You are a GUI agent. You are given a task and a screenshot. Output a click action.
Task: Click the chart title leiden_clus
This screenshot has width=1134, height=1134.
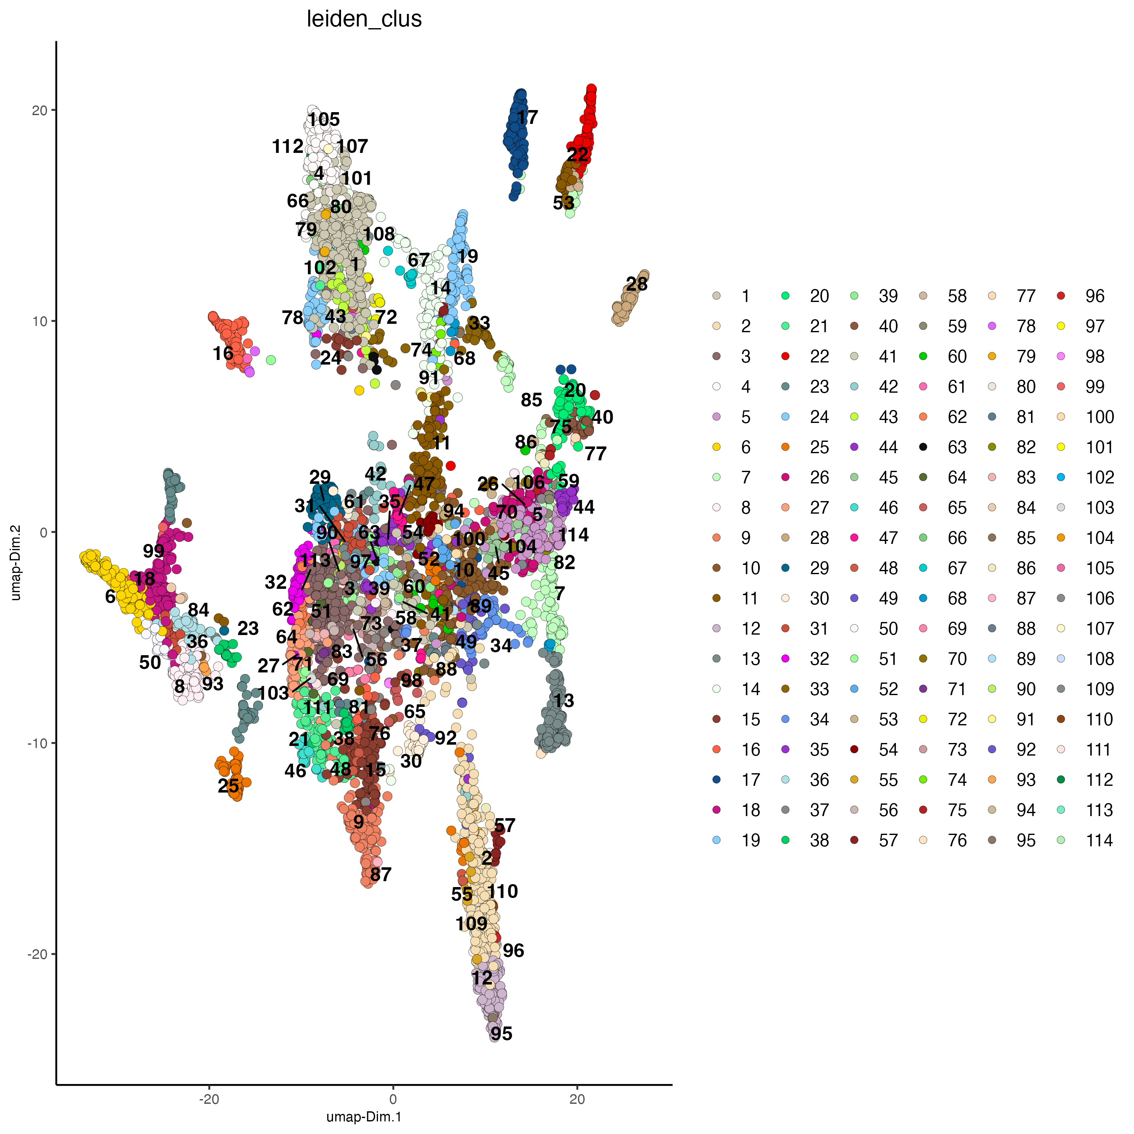point(364,19)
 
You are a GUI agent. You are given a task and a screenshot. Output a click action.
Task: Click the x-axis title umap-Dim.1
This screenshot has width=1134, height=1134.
point(364,1116)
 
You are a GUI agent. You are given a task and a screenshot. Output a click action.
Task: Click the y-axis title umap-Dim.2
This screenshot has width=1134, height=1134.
point(16,562)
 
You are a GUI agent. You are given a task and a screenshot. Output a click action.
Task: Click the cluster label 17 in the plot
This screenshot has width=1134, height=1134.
point(527,118)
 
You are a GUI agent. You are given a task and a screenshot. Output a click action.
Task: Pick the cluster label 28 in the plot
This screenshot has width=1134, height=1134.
point(636,284)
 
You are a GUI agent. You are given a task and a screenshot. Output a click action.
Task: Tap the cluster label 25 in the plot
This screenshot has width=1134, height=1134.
point(228,785)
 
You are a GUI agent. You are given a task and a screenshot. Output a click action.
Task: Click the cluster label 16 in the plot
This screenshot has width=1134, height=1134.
point(223,353)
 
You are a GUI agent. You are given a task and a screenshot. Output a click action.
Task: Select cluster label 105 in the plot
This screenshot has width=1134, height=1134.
point(324,120)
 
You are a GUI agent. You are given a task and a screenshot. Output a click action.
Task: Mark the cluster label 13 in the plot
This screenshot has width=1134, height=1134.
point(564,700)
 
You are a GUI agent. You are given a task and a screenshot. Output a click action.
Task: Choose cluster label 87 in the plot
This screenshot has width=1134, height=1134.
point(381,874)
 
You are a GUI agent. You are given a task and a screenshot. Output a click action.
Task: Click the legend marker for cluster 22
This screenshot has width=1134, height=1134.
point(785,356)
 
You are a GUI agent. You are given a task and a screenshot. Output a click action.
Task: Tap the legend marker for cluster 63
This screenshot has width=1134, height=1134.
point(923,447)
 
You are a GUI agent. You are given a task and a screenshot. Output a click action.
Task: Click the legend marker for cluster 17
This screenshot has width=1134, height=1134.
point(716,780)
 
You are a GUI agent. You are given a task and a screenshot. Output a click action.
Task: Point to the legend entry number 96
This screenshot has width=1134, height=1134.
point(1095,296)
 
